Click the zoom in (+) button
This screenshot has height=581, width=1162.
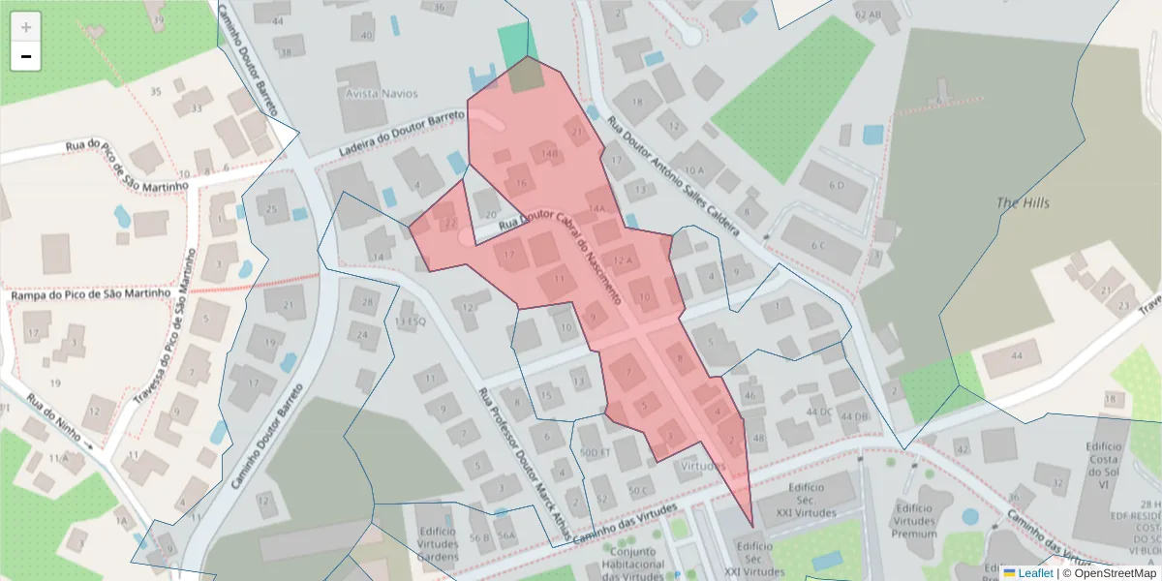(x=25, y=26)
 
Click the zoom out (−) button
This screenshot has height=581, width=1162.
(x=25, y=56)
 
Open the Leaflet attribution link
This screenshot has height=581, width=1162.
(x=1035, y=573)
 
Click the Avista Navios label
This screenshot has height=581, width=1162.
(x=382, y=94)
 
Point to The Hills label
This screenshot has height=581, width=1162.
(x=1023, y=203)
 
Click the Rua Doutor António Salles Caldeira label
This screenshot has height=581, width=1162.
(x=673, y=177)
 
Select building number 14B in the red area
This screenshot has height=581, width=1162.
(x=550, y=153)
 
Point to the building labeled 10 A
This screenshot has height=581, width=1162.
(x=694, y=170)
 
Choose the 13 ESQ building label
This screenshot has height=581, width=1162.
(x=410, y=321)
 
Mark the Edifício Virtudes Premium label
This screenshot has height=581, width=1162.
(x=913, y=520)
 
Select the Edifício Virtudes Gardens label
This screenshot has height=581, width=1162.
(x=438, y=544)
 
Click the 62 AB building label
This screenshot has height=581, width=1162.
(x=868, y=15)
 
